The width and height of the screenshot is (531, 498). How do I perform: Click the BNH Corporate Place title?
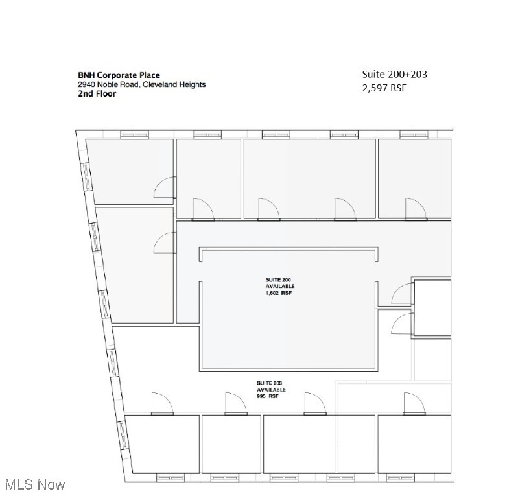(119, 75)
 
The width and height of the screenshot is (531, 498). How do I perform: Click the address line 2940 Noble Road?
(142, 84)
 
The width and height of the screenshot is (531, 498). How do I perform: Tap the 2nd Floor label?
(97, 93)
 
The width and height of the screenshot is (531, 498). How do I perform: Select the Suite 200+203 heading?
(394, 74)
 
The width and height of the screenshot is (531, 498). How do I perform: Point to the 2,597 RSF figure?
(384, 88)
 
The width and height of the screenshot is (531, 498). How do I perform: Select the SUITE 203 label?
(270, 383)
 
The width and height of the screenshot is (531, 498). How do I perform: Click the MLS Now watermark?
(34, 484)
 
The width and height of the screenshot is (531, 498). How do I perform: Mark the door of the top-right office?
(414, 209)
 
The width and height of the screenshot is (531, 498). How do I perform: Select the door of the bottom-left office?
(161, 404)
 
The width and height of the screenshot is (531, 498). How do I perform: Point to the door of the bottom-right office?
(413, 404)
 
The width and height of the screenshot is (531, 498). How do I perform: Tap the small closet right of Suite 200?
(432, 307)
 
